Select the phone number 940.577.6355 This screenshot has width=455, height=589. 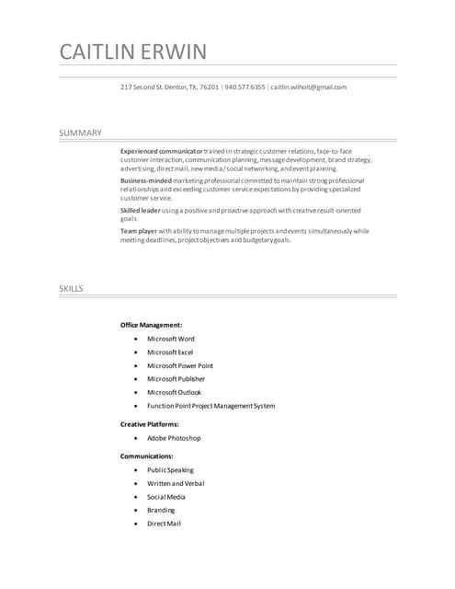tap(245, 87)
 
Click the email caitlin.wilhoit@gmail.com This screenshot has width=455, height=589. tap(308, 87)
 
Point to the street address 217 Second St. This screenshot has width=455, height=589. tap(146, 87)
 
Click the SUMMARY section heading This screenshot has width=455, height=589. tap(80, 133)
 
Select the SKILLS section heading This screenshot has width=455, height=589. tap(72, 289)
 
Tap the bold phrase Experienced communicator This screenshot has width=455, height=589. tap(161, 150)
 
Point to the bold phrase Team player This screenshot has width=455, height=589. tap(139, 231)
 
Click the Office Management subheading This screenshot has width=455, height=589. tap(151, 325)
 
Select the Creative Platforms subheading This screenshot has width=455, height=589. tap(150, 424)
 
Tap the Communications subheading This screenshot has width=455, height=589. tap(147, 456)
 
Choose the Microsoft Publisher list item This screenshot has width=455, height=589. tap(176, 379)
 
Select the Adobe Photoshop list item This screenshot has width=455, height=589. tap(174, 438)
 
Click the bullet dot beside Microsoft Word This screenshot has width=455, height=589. tap(135, 339)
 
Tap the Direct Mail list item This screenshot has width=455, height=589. tap(164, 524)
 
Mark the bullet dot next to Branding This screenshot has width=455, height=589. tap(135, 510)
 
